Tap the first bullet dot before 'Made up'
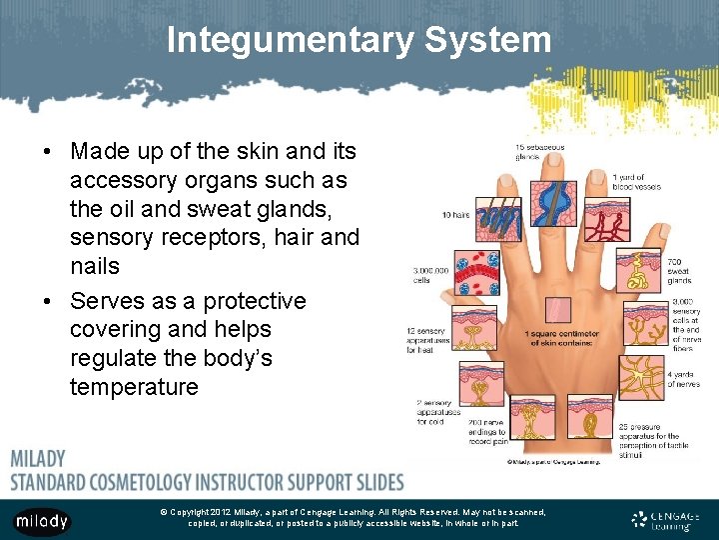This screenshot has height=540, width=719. click(x=48, y=151)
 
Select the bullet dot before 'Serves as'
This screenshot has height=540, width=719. click(x=48, y=301)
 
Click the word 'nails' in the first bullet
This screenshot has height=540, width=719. click(x=95, y=266)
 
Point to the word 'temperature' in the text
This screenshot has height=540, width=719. click(x=134, y=387)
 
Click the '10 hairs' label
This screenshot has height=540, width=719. click(x=455, y=214)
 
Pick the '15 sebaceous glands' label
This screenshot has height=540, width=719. click(x=539, y=152)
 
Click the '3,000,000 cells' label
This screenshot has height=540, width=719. click(x=430, y=275)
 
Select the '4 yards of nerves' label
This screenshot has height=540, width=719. click(x=683, y=381)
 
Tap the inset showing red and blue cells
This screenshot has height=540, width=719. click(x=475, y=272)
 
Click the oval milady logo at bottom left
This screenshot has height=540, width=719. click(x=41, y=520)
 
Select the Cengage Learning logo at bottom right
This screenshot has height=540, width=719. click(x=666, y=519)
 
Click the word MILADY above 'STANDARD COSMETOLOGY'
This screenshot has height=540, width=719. click(x=38, y=459)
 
